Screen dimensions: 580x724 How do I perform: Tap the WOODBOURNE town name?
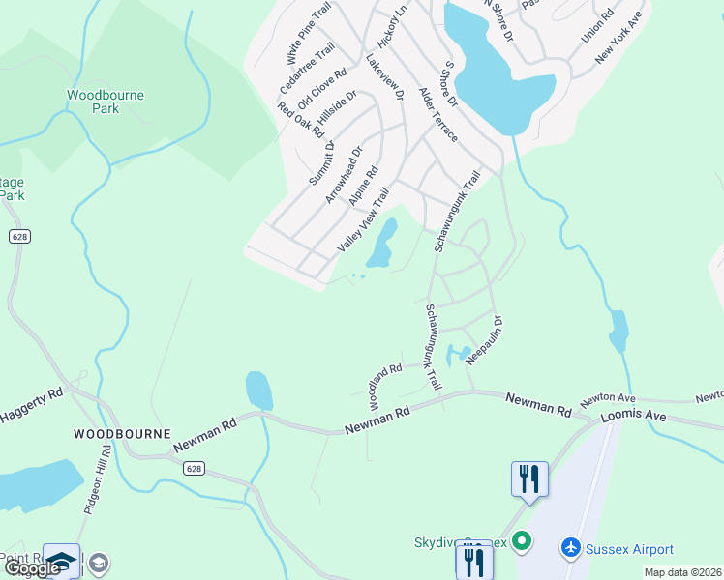[x=122, y=434]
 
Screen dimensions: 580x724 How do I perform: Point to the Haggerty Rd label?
[x=31, y=404]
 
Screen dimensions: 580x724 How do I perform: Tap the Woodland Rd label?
[x=384, y=384]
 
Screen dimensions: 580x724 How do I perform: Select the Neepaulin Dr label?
[x=485, y=339]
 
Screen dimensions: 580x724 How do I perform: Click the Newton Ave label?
[x=607, y=398]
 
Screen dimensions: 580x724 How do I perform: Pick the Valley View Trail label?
[x=362, y=222]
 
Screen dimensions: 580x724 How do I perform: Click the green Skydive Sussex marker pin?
[x=523, y=541]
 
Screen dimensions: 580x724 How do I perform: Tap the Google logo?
[x=31, y=568]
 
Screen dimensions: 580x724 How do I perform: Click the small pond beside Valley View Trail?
[x=381, y=245]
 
